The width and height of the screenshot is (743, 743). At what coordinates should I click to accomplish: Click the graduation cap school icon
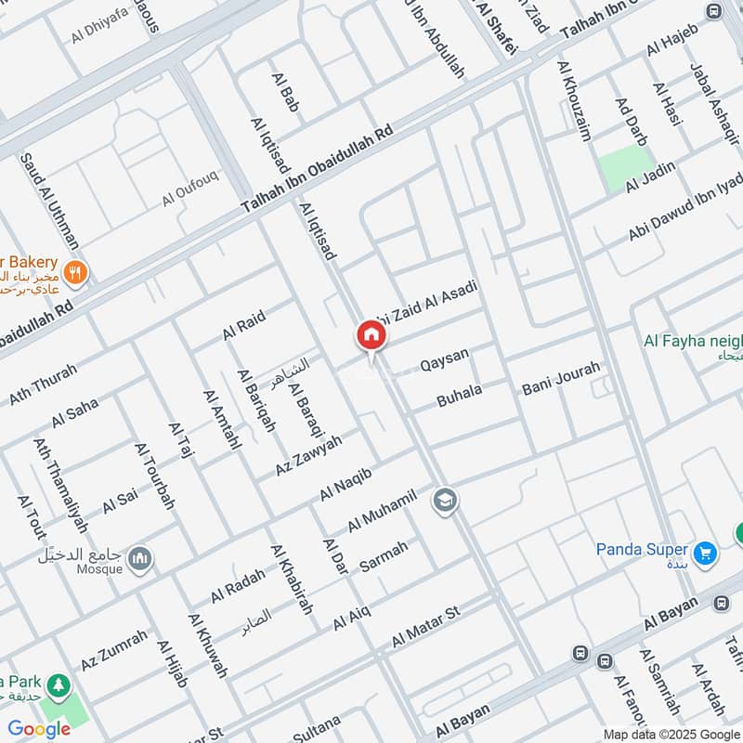(445, 502)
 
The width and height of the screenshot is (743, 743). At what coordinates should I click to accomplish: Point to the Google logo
(39, 729)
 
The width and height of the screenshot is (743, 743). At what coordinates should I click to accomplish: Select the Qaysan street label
(445, 359)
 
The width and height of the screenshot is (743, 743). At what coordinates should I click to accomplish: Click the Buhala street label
(460, 397)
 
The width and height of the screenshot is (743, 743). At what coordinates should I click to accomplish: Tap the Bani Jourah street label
(561, 377)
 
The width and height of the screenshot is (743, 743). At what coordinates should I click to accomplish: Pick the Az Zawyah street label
(308, 455)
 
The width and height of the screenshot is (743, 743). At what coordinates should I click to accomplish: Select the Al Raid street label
(243, 325)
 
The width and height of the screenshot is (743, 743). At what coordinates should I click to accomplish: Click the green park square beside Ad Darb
(625, 168)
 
